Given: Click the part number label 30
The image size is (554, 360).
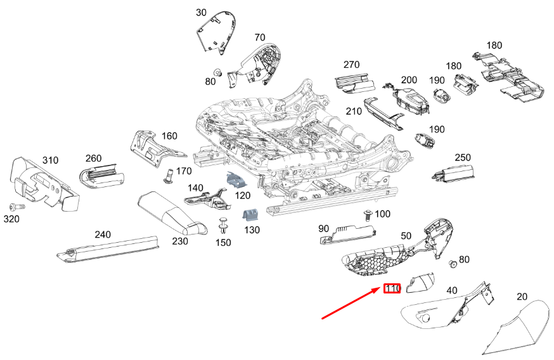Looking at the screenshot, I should coord(201,13).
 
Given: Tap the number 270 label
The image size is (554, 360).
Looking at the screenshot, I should coord(351,65).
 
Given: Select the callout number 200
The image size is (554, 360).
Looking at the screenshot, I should coord(409,80).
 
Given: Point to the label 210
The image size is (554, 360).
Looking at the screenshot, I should coord(354,112).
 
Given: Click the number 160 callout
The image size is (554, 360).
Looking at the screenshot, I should coord(169,136).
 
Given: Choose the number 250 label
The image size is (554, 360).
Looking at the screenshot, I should coord(463,157).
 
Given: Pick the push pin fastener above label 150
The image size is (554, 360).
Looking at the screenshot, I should coord(223,225).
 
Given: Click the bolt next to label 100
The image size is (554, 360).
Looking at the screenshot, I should coord(367,215).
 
